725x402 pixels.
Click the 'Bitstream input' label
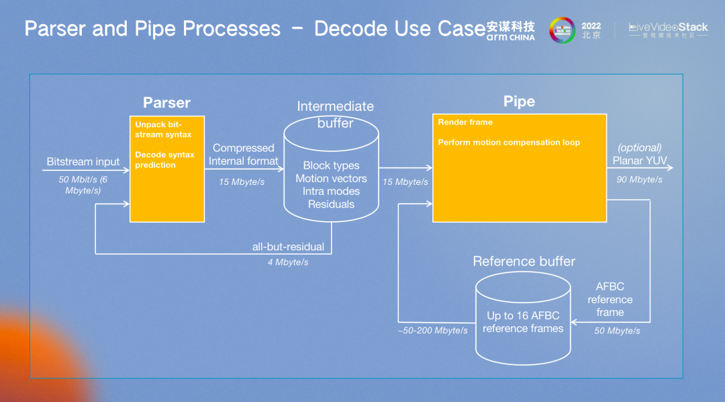pyautogui.click(x=83, y=161)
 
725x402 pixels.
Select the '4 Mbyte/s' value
pyautogui.click(x=288, y=262)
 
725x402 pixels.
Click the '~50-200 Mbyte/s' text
pyautogui.click(x=433, y=331)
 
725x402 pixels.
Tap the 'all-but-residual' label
pyautogui.click(x=288, y=247)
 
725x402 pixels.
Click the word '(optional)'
pyautogui.click(x=639, y=147)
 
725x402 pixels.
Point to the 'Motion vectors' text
pyautogui.click(x=331, y=178)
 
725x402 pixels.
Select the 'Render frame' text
pyautogui.click(x=465, y=122)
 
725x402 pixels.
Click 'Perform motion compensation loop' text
pyautogui.click(x=509, y=143)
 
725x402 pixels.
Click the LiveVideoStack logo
pyautogui.click(x=668, y=30)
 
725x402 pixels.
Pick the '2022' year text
pyautogui.click(x=591, y=25)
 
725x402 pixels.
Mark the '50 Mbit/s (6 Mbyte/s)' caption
pyautogui.click(x=83, y=185)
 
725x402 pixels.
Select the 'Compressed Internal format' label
pyautogui.click(x=243, y=155)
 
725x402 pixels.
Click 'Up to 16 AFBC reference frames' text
pyautogui.click(x=523, y=322)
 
